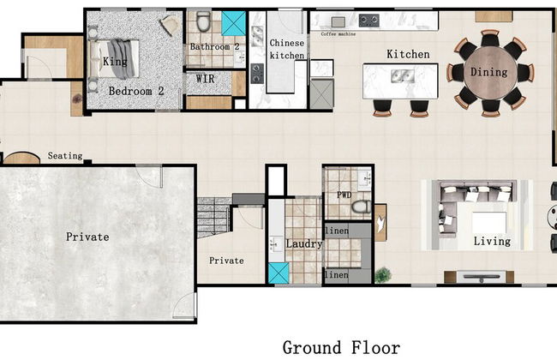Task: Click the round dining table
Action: click(x=489, y=73)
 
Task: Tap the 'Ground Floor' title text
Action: click(x=341, y=347)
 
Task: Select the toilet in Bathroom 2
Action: click(x=204, y=21)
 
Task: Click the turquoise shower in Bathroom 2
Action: click(x=233, y=23)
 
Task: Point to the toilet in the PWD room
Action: click(x=362, y=207)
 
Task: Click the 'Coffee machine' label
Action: click(x=338, y=34)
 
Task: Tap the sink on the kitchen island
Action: click(x=403, y=76)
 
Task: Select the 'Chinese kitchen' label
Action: click(x=287, y=49)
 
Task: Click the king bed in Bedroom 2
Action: click(x=114, y=59)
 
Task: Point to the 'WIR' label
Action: click(x=206, y=79)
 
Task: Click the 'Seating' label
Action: click(x=65, y=156)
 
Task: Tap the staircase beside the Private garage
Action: click(x=214, y=218)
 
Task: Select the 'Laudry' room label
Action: click(x=304, y=243)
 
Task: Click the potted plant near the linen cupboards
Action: click(x=382, y=275)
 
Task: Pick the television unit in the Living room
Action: click(x=480, y=277)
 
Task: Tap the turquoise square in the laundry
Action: click(x=278, y=273)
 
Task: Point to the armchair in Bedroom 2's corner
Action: click(x=170, y=25)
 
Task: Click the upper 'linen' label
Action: click(x=337, y=231)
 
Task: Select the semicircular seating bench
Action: click(x=21, y=159)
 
